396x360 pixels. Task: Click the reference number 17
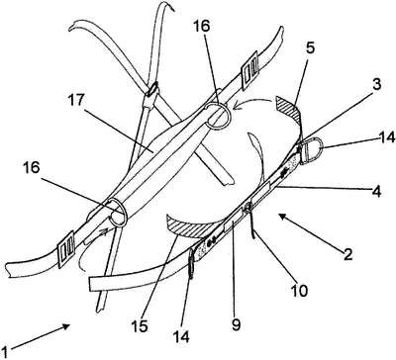(76, 101)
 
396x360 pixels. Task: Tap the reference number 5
(310, 48)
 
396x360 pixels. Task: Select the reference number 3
(376, 84)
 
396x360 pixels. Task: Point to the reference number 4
(376, 191)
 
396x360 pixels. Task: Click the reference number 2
(347, 255)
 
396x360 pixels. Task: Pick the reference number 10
(299, 290)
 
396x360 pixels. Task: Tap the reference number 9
(237, 323)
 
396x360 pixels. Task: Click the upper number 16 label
(201, 27)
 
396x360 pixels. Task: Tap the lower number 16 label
(32, 167)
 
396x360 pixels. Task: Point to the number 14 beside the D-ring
(387, 137)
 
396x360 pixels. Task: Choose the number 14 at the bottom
(180, 336)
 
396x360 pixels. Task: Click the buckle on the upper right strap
(249, 70)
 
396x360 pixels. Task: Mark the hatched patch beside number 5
(289, 108)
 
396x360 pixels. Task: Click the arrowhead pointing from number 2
(282, 216)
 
